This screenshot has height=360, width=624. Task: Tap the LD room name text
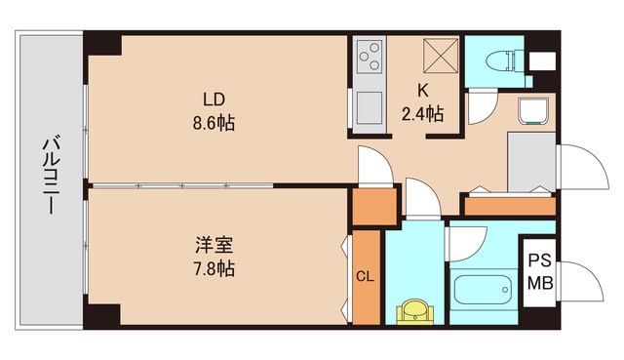click(x=214, y=100)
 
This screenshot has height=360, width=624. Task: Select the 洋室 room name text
click(x=214, y=244)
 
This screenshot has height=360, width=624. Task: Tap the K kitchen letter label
click(x=423, y=91)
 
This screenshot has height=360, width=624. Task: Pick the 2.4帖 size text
click(x=423, y=114)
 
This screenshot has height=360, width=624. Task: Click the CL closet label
click(x=366, y=277)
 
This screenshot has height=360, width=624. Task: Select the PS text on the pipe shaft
click(x=539, y=261)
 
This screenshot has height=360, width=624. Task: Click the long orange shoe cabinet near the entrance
click(x=508, y=205)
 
